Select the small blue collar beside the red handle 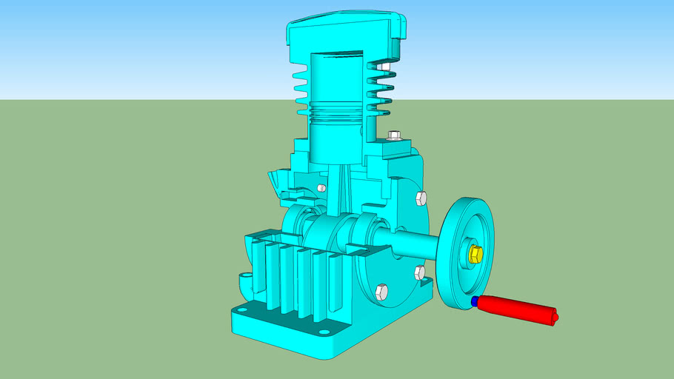tap(474, 301)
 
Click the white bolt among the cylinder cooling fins tap(383, 68)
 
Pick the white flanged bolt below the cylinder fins tap(393, 135)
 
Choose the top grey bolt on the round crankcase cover tap(421, 198)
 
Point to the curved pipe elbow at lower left tap(244, 281)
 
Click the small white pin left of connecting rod tap(321, 188)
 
